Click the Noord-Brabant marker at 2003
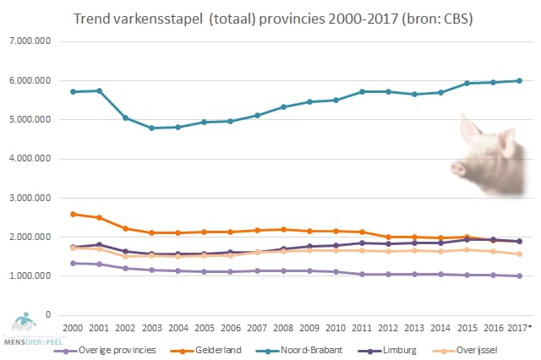(150, 128)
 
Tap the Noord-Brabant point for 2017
(519, 81)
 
